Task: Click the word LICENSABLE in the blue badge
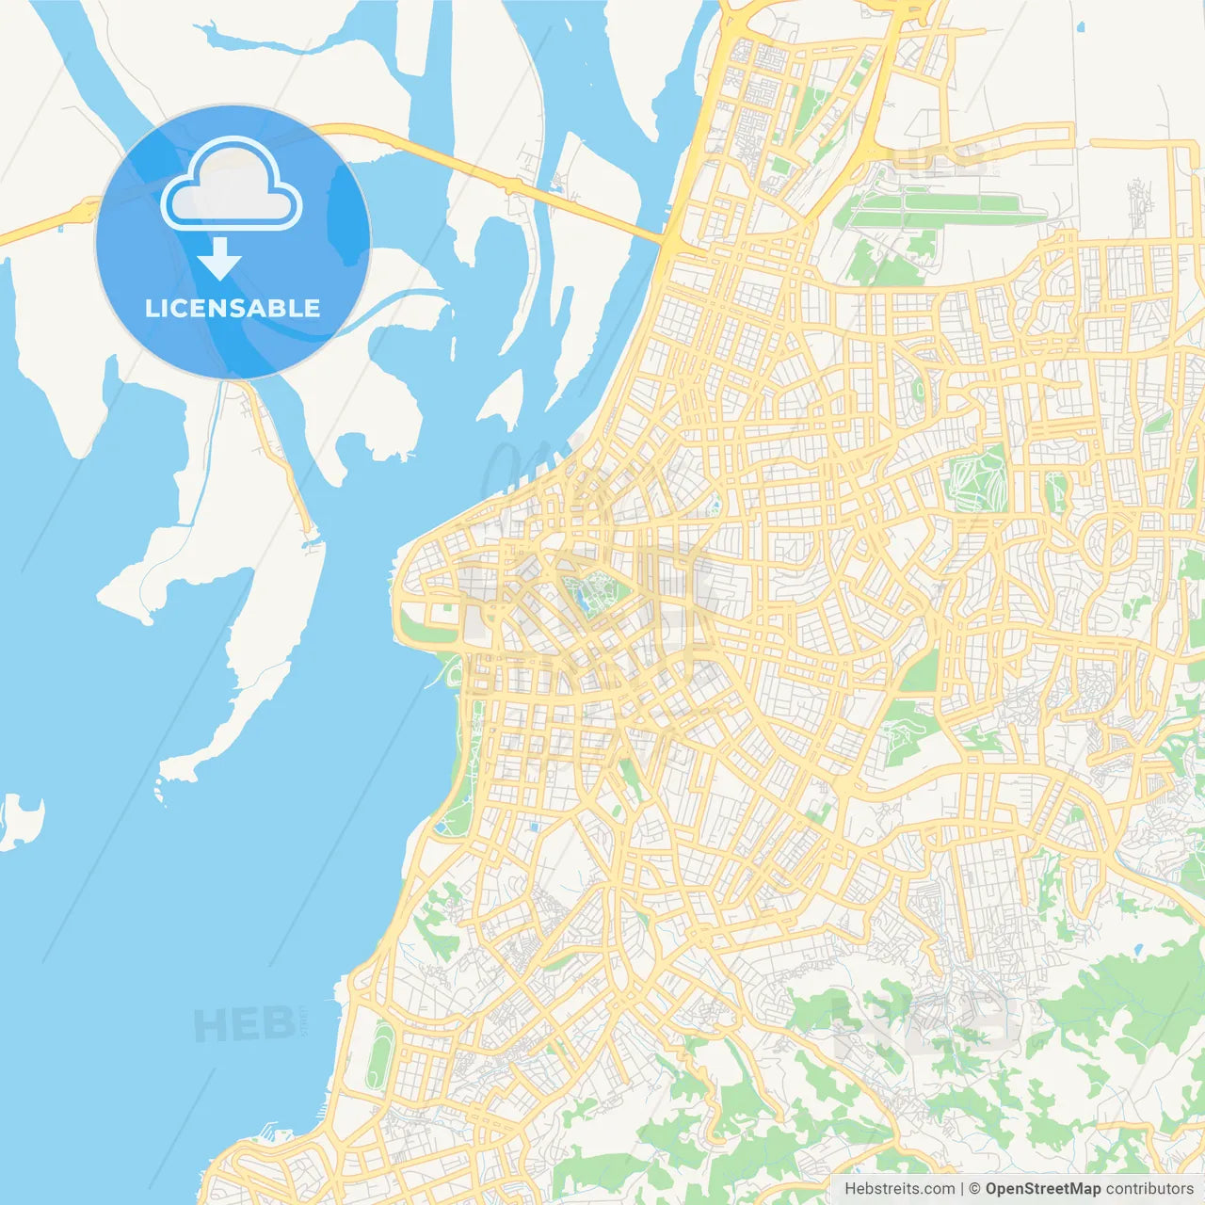(233, 308)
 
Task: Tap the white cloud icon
(232, 185)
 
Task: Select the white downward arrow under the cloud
(219, 258)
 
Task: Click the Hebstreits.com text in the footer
(899, 1189)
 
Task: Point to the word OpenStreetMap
(1042, 1189)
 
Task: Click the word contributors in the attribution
(1149, 1189)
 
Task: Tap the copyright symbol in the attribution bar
(974, 1189)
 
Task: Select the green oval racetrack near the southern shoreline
(380, 1056)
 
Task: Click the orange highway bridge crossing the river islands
(490, 174)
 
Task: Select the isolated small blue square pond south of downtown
(534, 827)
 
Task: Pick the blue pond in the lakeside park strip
(442, 827)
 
